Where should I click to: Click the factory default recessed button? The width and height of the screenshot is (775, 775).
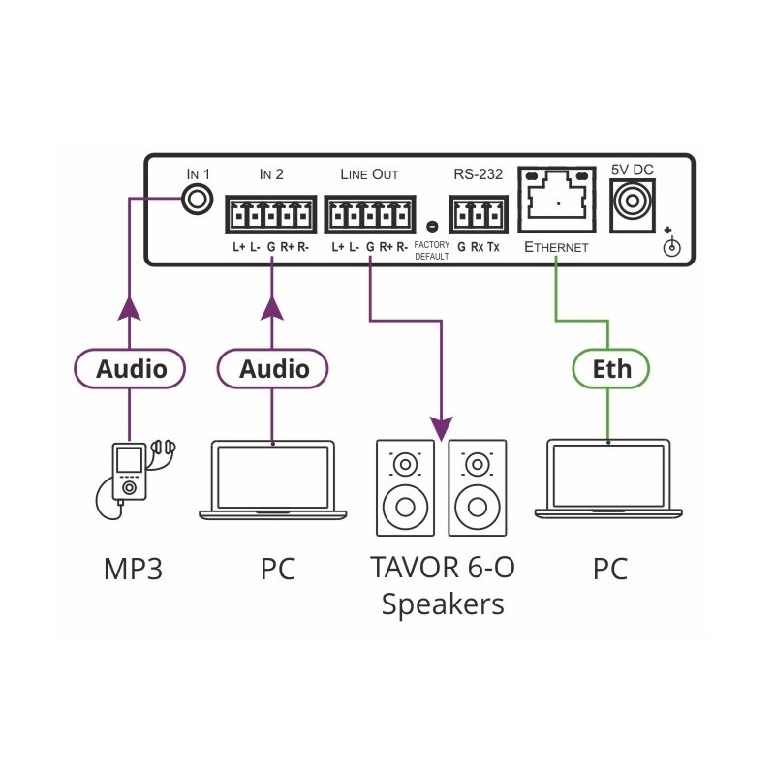[x=430, y=228]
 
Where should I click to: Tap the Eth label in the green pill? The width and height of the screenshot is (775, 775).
[x=611, y=368]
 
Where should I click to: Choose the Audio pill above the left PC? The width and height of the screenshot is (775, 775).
[x=273, y=368]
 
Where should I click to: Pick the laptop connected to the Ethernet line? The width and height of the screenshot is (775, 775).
[x=608, y=481]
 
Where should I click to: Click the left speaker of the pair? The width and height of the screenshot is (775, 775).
[x=406, y=489]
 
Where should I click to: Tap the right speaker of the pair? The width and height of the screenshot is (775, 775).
[x=477, y=489]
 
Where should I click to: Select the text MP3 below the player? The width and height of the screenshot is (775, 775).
[x=132, y=569]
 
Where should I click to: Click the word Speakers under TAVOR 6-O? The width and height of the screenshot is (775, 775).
[x=443, y=604]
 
